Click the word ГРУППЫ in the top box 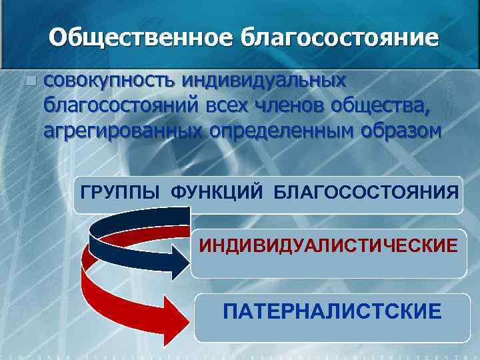(121, 193)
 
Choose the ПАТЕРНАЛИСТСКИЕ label (332, 311)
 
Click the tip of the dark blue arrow (188, 259)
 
